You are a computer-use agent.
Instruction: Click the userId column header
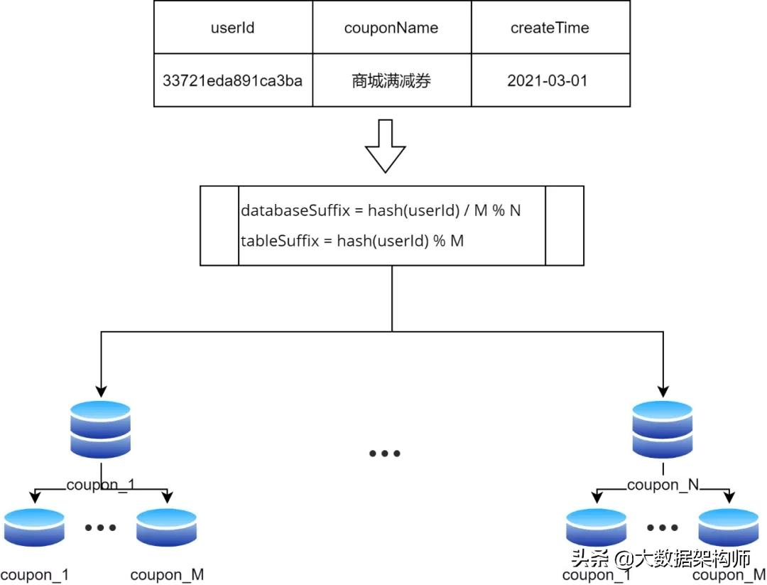[233, 28]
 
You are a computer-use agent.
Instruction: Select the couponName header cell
[391, 28]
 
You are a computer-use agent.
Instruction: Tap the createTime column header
[550, 28]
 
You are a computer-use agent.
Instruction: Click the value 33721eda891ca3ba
[233, 80]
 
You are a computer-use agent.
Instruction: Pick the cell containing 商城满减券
[391, 81]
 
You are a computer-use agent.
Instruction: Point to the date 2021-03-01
[548, 80]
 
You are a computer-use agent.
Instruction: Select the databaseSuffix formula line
[381, 211]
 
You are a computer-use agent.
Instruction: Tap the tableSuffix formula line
[352, 240]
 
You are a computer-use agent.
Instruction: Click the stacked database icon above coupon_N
[663, 429]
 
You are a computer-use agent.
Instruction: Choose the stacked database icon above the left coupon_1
[101, 429]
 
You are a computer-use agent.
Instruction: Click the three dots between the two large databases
[385, 453]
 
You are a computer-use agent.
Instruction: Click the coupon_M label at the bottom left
[167, 575]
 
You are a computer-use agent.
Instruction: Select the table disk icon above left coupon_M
[166, 527]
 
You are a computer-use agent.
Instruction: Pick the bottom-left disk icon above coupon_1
[33, 527]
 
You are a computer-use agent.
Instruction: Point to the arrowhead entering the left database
[101, 391]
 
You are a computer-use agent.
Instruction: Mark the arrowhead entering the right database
[663, 391]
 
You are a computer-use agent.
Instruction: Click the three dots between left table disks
[100, 527]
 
